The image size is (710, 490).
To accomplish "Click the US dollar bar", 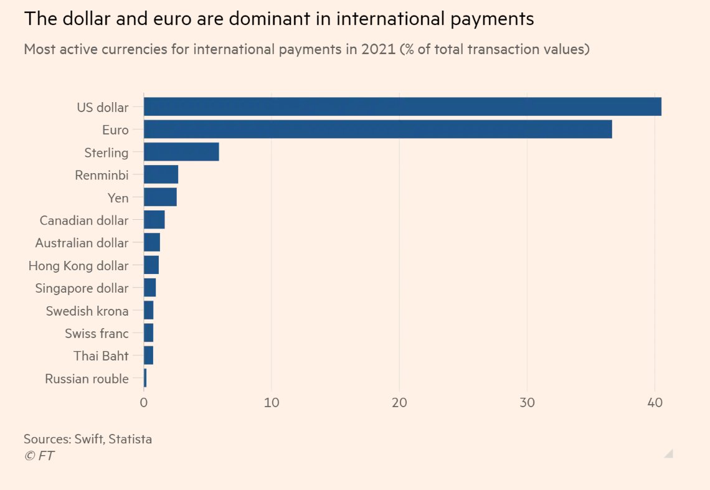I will point(402,107).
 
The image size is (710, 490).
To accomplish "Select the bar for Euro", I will point(377,130).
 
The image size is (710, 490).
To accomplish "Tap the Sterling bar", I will point(181,153).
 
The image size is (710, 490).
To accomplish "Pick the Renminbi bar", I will point(161,175).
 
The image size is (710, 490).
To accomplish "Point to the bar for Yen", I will point(160,197).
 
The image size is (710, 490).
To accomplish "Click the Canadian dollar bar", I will point(154,220).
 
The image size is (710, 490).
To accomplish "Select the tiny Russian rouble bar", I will point(145,379).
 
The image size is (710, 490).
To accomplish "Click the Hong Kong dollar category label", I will point(78,266).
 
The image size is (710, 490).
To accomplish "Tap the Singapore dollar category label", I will point(82,288).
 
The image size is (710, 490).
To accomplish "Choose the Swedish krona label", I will point(87,311).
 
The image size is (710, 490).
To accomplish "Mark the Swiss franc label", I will point(97,333).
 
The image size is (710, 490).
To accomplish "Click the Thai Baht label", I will point(101,356).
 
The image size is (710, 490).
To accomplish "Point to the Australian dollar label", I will point(82,243).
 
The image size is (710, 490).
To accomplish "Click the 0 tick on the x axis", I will point(144,403).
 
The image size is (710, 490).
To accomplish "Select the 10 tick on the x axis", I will point(271,403).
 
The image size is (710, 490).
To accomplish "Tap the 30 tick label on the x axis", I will point(527,403).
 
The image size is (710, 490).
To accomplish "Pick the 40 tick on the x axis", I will point(655,403).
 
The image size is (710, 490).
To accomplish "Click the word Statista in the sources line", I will point(130,439).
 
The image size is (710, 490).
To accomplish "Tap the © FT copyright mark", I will point(39,456).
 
